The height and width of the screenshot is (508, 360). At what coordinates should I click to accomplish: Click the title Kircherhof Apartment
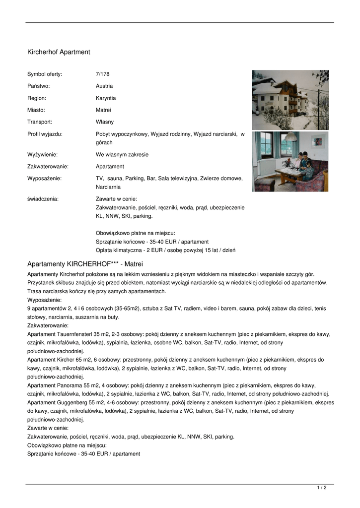(59, 52)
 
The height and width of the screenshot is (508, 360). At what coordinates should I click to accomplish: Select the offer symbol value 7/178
(102, 74)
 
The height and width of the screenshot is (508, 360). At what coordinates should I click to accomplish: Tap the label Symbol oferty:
(45, 74)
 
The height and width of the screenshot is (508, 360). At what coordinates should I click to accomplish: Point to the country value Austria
(104, 86)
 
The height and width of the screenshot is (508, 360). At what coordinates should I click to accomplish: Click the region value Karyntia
(106, 98)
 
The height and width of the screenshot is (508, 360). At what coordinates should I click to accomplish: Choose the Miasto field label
(36, 110)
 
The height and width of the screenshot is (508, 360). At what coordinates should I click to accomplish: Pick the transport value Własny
(105, 122)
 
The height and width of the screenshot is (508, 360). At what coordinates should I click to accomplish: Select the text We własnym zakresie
(122, 154)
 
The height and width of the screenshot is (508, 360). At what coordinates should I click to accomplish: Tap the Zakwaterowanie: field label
(48, 166)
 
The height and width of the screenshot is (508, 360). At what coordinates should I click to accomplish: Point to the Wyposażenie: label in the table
(44, 178)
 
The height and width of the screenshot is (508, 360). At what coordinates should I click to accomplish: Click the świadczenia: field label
(43, 198)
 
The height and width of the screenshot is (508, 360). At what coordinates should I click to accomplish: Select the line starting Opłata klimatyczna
(165, 250)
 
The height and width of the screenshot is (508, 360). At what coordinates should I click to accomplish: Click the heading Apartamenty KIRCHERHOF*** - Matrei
(85, 263)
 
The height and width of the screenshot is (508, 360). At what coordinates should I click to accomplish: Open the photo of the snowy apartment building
(290, 100)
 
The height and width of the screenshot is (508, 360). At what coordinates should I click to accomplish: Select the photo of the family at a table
(290, 161)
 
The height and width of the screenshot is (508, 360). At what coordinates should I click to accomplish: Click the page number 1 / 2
(322, 488)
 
